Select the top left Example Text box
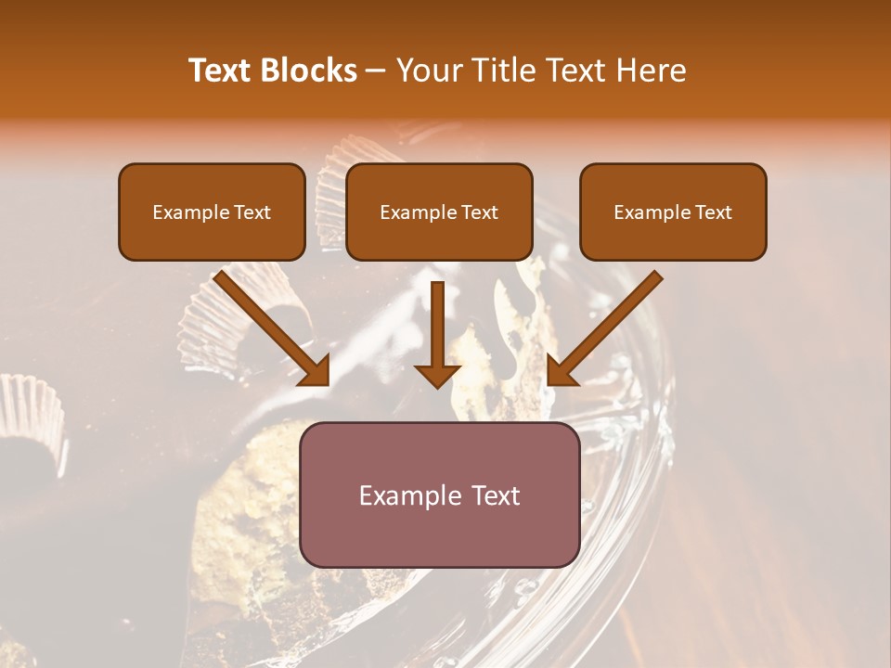[212, 212]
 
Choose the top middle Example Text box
[439, 212]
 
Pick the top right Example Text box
[673, 212]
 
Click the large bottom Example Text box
[440, 495]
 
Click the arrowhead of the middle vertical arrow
[438, 375]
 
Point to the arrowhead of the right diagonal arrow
[562, 371]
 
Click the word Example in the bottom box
[405, 495]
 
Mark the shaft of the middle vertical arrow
[438, 320]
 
